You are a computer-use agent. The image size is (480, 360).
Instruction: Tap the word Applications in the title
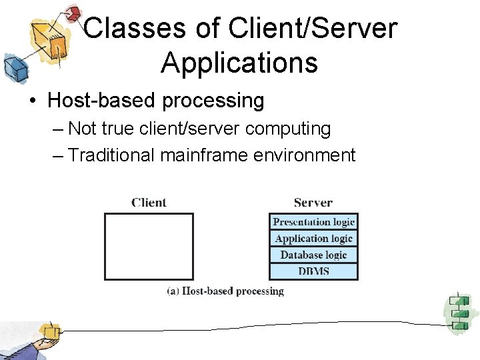[239, 63]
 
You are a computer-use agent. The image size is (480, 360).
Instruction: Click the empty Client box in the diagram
[149, 246]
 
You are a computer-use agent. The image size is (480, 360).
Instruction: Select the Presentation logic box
[313, 222]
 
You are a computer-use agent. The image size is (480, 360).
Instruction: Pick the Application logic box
[313, 239]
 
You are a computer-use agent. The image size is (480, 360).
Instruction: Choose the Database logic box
[313, 255]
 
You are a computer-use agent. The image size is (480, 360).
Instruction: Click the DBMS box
[313, 271]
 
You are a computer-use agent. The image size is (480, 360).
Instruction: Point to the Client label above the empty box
[149, 203]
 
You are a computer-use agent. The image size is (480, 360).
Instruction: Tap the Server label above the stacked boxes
[313, 203]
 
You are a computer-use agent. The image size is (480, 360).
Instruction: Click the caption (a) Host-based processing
[225, 291]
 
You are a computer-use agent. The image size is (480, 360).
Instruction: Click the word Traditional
[111, 155]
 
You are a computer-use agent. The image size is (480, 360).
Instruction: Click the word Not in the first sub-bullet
[82, 128]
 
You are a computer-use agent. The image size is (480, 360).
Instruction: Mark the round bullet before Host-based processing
[32, 101]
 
